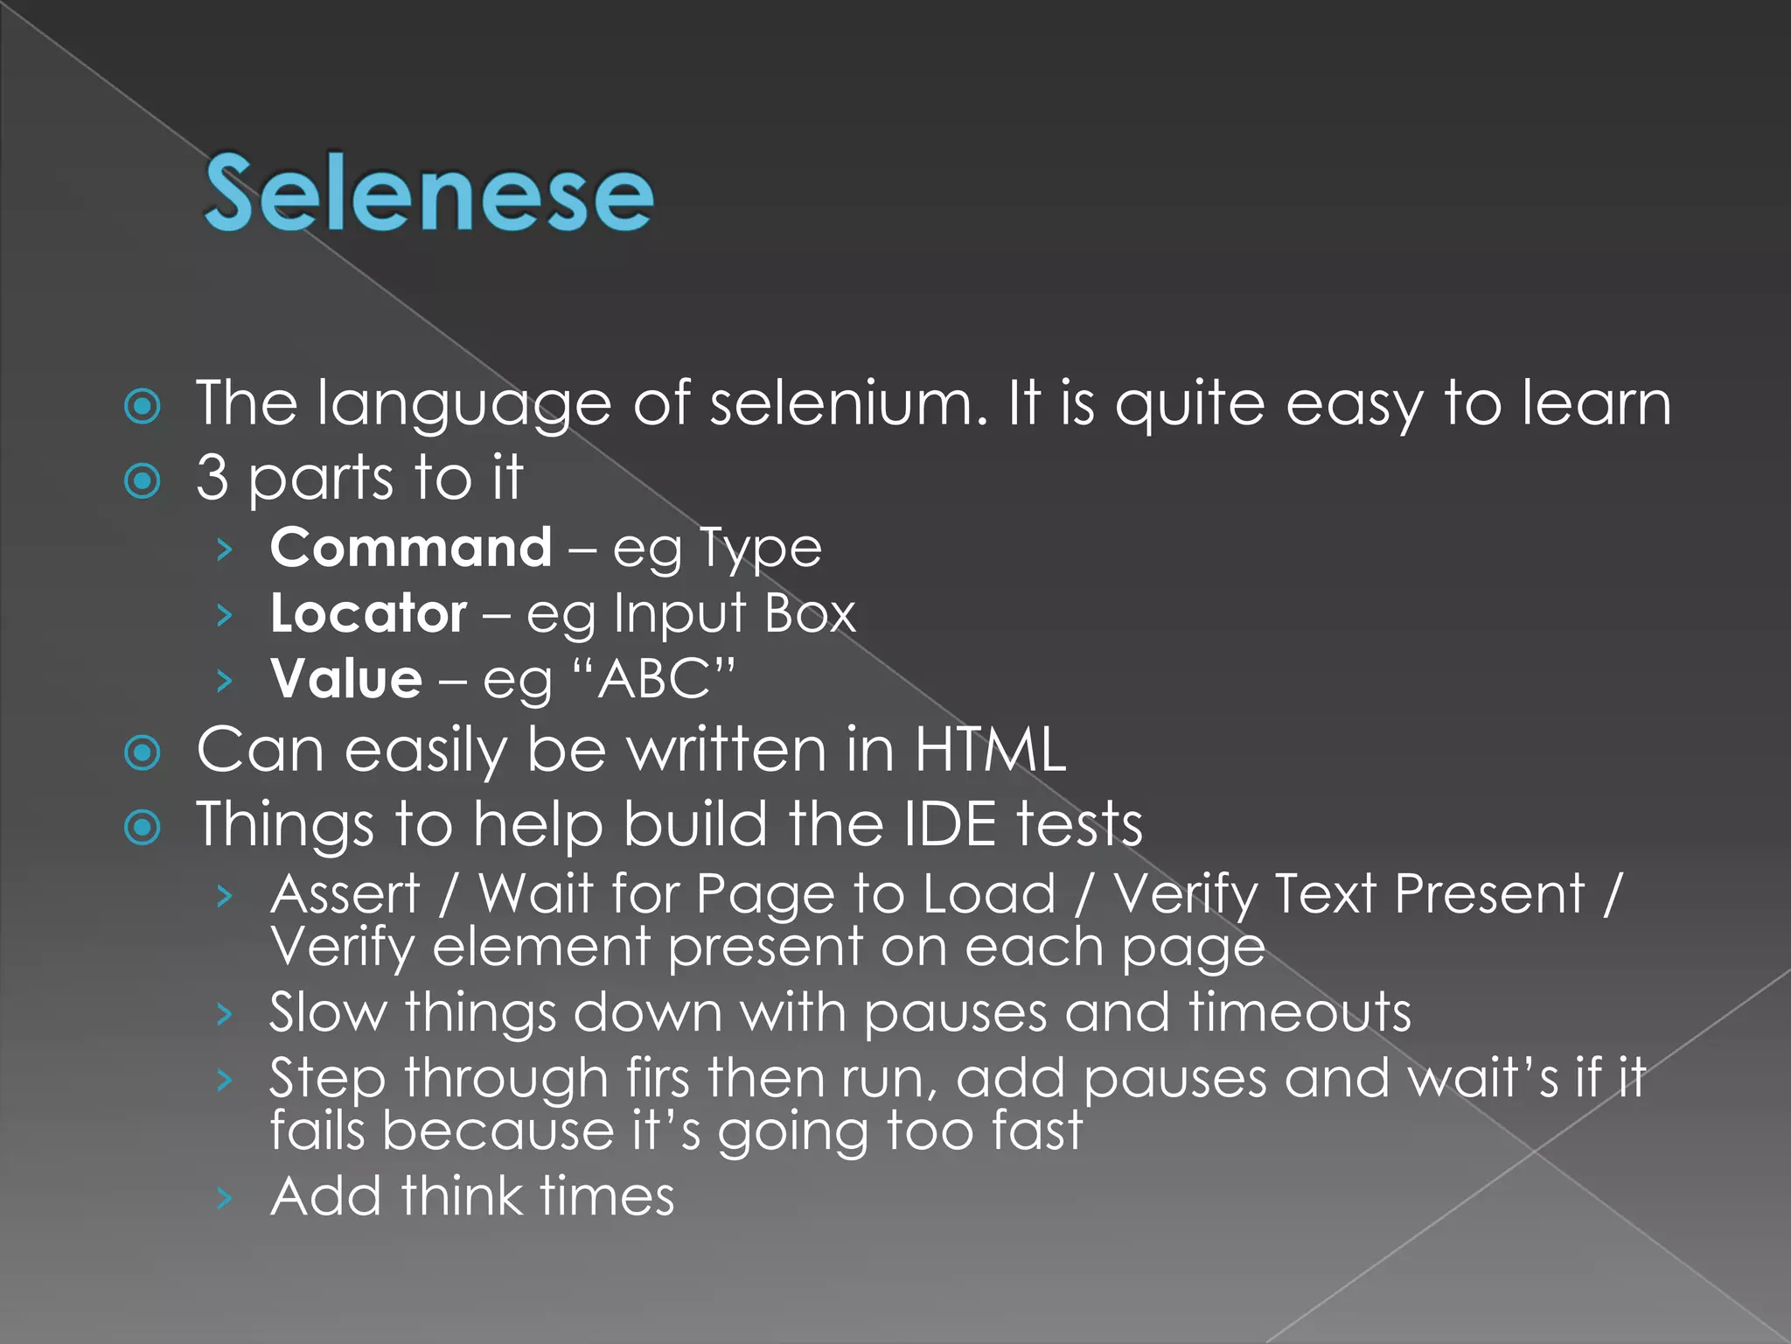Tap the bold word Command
pos(411,549)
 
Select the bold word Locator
pos(368,613)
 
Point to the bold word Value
pos(346,679)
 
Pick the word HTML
pos(990,751)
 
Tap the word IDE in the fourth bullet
pos(949,824)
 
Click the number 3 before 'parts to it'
pos(213,477)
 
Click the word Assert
pos(346,894)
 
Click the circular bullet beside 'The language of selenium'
pos(143,406)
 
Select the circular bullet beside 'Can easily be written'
pos(143,752)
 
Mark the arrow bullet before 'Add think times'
pos(225,1198)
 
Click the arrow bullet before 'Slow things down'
pos(225,1014)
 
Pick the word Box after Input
pos(810,613)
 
